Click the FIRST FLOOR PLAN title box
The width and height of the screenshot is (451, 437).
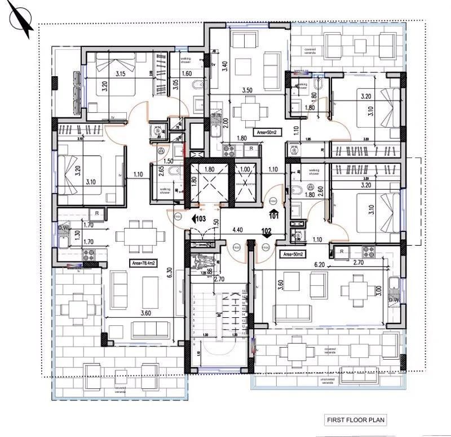356,420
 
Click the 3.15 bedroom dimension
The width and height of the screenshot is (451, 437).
120,74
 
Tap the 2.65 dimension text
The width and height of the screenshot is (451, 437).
161,171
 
